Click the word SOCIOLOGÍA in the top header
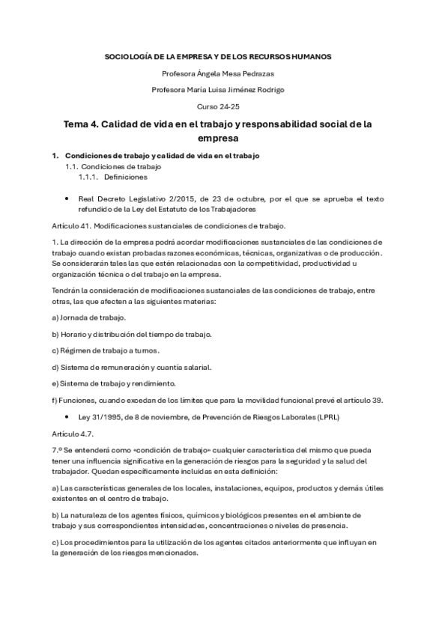click(126, 56)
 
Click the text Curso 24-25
click(218, 106)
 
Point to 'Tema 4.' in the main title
click(83, 124)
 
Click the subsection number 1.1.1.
click(88, 177)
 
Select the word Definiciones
click(126, 177)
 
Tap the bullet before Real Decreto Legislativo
click(67, 199)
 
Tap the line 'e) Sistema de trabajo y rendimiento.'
click(113, 383)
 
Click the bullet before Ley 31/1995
click(67, 416)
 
